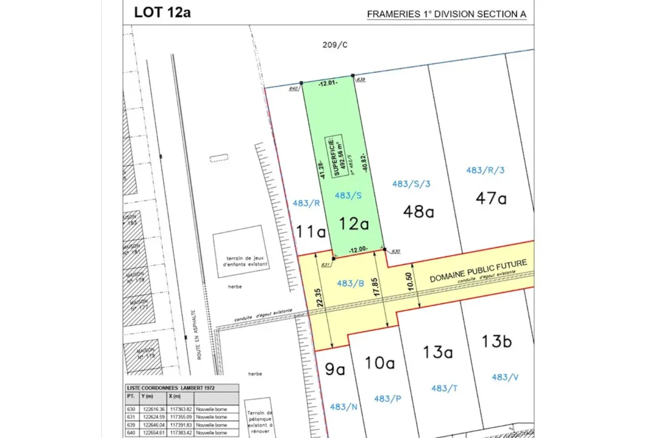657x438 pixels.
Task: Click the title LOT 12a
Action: pyautogui.click(x=162, y=13)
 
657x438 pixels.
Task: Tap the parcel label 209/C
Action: pyautogui.click(x=335, y=45)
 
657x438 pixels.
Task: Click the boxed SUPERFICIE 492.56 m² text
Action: pyautogui.click(x=335, y=156)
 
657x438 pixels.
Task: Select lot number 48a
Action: pyautogui.click(x=418, y=211)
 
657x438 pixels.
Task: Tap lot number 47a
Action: pyautogui.click(x=491, y=198)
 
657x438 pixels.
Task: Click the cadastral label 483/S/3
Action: pyautogui.click(x=411, y=184)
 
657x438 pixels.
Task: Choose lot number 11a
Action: pyautogui.click(x=312, y=232)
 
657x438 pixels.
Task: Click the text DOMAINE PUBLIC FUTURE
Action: pyautogui.click(x=478, y=270)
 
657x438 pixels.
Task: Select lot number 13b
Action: pyautogui.click(x=496, y=341)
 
